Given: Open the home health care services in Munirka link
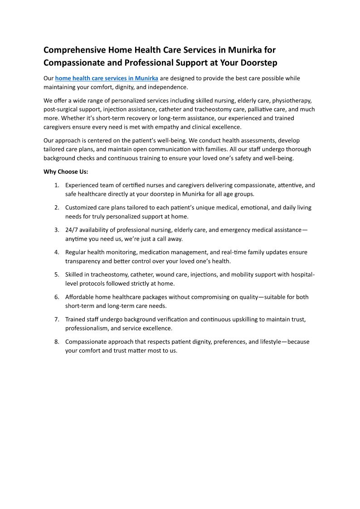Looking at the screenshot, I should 107,78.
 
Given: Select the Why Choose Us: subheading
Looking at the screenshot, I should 66,172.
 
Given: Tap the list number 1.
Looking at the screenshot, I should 57,185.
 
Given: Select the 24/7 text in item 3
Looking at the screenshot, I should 72,230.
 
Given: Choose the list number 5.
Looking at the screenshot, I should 57,274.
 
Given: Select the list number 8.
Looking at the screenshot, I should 57,341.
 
